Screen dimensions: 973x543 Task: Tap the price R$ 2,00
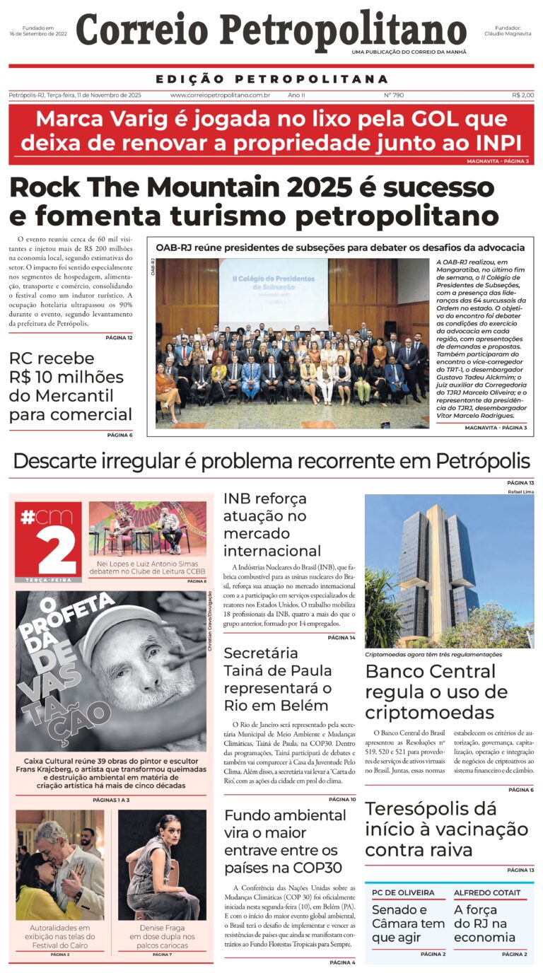click(x=523, y=95)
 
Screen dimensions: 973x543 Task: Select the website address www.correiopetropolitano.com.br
click(x=220, y=95)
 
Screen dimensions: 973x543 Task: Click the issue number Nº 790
click(x=394, y=95)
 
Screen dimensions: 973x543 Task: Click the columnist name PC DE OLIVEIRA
click(x=403, y=892)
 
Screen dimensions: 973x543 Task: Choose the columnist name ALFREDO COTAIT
click(x=487, y=892)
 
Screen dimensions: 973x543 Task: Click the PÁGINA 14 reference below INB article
click(x=342, y=638)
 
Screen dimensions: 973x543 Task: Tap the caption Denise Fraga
click(x=162, y=927)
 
